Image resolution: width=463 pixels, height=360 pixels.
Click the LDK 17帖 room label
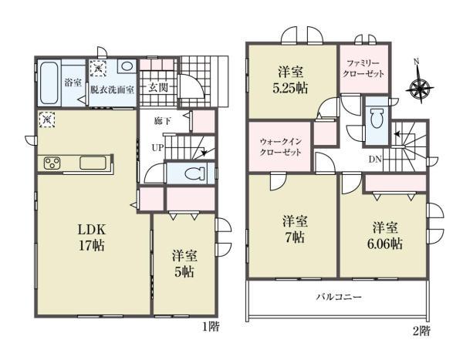[x=92, y=237]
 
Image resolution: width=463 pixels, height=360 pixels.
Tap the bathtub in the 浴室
[x=49, y=82]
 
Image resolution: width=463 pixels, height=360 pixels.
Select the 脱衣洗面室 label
[x=112, y=89]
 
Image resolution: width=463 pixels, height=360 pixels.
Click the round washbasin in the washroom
[x=127, y=66]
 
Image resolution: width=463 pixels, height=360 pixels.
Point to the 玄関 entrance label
[x=158, y=87]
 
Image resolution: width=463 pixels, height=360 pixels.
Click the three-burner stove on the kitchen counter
[x=52, y=163]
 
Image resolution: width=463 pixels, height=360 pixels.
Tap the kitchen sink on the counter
[x=93, y=163]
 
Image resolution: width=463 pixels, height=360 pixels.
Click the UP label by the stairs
[x=157, y=147]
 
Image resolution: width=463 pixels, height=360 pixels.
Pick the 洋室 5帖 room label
[x=184, y=264]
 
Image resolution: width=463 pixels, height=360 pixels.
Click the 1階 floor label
[x=211, y=327]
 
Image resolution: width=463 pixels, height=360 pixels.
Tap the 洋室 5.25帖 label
[x=290, y=80]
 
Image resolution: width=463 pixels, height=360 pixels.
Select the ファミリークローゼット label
[x=363, y=69]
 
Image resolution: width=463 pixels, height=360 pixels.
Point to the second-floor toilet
[x=377, y=118]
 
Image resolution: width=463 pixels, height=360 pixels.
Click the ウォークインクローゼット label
[x=280, y=147]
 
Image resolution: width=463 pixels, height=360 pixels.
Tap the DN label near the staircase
[x=375, y=160]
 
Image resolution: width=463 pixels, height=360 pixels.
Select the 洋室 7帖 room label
[x=295, y=229]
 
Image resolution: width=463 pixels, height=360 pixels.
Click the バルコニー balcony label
[x=339, y=297]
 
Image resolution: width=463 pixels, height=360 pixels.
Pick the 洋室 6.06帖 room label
[x=385, y=236]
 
